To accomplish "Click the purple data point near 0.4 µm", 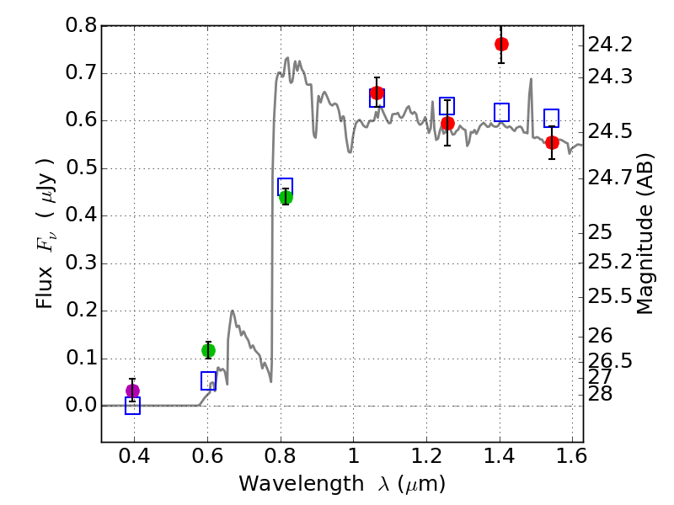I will point(132,391).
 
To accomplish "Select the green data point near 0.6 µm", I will point(208,350).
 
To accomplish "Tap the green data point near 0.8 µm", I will point(286,197).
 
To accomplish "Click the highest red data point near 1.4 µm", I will point(501,44).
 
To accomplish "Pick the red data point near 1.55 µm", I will point(552,142).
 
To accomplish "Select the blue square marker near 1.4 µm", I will point(502,113).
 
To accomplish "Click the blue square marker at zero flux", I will point(132,406).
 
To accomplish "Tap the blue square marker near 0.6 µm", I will point(209,381).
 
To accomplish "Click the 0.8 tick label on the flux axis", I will point(81,26).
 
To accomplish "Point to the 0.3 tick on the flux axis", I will point(81,263).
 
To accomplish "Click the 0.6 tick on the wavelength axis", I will point(207,455).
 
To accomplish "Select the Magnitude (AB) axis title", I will point(645,233).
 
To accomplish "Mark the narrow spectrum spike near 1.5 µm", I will point(531,81).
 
